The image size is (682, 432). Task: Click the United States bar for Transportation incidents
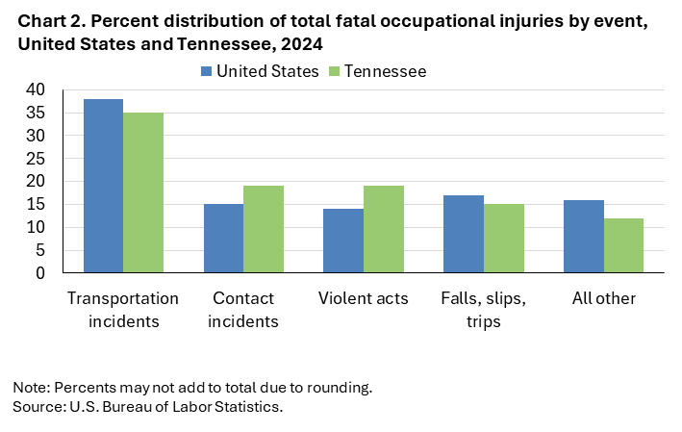pos(103,186)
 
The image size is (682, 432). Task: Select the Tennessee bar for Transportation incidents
pos(143,192)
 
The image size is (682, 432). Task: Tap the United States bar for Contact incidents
pos(223,239)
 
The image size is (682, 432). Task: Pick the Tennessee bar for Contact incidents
pos(264,229)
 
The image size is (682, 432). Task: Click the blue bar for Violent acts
pos(342,241)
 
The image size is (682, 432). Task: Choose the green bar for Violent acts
pos(384,229)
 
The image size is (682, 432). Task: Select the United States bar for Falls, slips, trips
pos(463,234)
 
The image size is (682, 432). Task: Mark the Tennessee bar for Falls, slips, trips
pos(504,239)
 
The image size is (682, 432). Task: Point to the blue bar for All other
pos(584,237)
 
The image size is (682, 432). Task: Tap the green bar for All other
pos(623,245)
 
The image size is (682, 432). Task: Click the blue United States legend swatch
pos(207,71)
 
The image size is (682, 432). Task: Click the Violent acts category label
pos(364,298)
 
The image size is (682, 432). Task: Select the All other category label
pos(603,298)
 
